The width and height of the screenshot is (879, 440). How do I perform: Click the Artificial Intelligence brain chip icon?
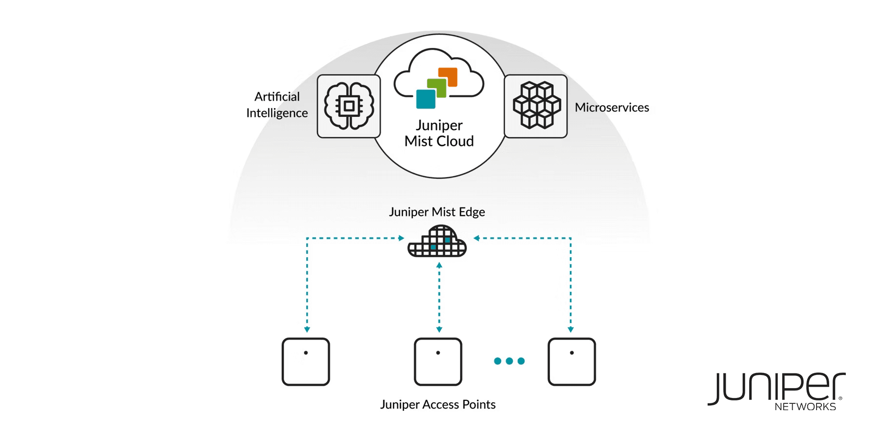coord(349,106)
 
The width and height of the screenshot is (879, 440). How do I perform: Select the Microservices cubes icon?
coord(536,106)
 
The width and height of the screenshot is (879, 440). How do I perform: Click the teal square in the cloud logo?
coord(425,99)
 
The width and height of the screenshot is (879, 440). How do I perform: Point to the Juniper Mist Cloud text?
coord(439,133)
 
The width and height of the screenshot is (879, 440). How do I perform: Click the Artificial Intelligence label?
coord(277,105)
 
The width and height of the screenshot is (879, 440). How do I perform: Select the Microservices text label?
coord(612,108)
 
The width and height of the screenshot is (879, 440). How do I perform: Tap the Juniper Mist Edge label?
coord(437,212)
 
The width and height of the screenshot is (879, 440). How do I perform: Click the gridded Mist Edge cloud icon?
coord(437,242)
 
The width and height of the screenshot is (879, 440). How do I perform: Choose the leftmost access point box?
coord(306,362)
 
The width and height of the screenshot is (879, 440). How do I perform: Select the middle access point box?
coord(438,362)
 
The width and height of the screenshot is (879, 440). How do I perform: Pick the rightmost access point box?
coord(572,362)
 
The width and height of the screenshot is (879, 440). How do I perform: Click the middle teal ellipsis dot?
coord(509,361)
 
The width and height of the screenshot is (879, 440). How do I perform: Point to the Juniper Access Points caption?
coord(438,404)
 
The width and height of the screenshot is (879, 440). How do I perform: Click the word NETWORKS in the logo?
coord(805,407)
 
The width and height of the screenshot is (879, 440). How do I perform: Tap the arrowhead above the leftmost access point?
coord(307,330)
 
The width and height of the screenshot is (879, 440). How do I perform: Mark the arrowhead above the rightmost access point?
coord(571,330)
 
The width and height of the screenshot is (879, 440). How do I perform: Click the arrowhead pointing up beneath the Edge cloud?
coord(439,265)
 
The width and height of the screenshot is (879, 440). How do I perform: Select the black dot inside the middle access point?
coord(438,352)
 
